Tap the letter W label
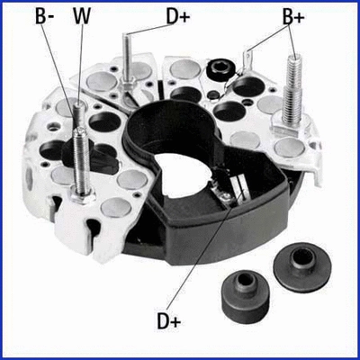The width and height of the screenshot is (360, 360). [x=82, y=16]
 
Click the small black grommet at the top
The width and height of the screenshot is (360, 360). [x=216, y=71]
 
